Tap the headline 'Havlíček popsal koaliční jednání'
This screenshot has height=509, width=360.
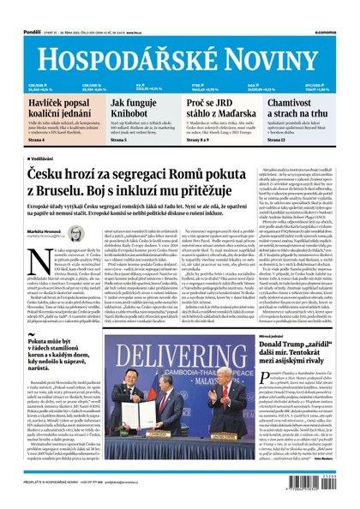click(52, 110)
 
